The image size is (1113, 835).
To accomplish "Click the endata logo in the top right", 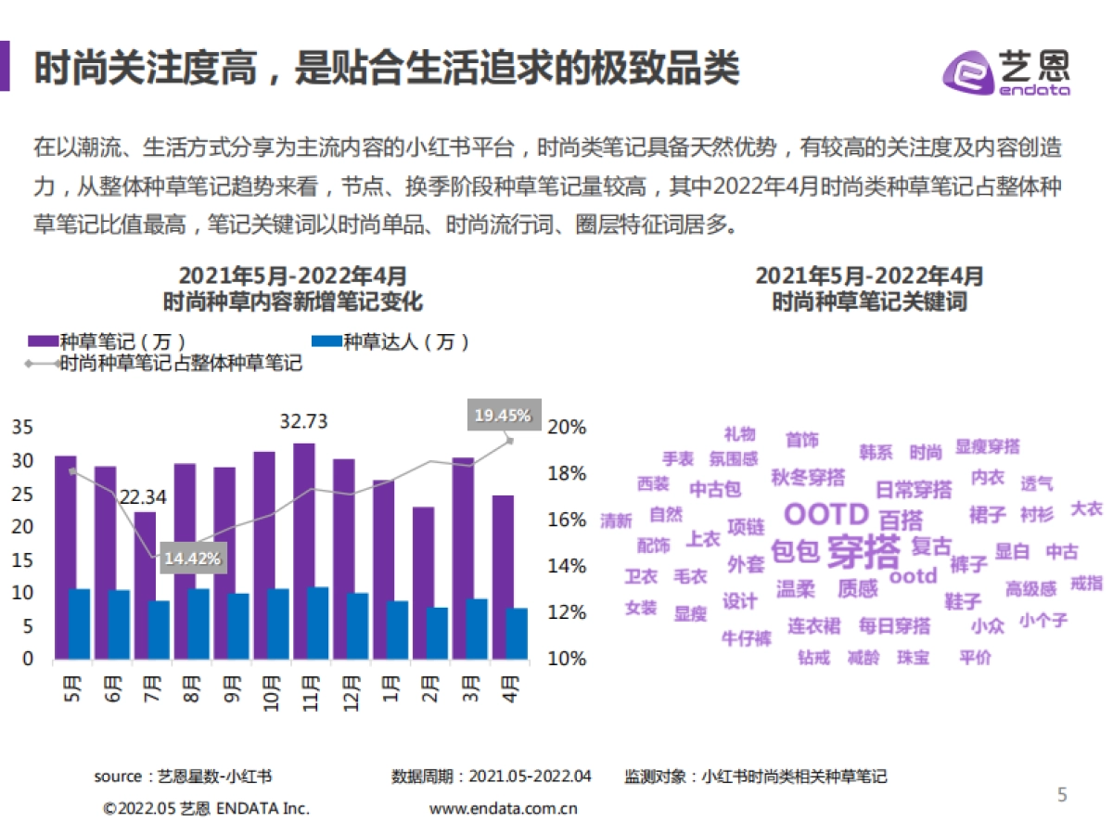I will click(1006, 71).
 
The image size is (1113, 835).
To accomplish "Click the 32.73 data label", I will click(303, 422).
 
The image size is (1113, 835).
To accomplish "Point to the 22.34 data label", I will click(143, 497).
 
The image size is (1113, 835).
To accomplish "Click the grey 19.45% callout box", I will click(502, 416).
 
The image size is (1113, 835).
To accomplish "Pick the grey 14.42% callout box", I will click(192, 559).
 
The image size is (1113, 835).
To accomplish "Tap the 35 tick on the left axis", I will click(22, 428).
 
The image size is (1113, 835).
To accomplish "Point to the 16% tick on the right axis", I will click(567, 520).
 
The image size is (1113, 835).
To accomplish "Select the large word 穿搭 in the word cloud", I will click(863, 552).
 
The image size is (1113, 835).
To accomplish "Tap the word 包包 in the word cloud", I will click(795, 552).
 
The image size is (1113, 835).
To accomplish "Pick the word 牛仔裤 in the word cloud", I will click(746, 638).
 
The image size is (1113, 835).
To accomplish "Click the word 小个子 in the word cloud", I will click(1043, 620).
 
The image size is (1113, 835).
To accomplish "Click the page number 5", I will click(1063, 794).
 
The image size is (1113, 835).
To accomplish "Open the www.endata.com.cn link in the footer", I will click(503, 808).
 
